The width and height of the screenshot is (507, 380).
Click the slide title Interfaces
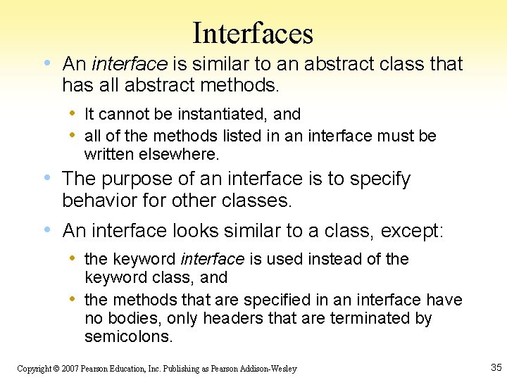click(253, 33)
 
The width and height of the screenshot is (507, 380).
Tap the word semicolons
click(128, 336)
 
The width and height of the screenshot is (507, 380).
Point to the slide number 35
click(495, 367)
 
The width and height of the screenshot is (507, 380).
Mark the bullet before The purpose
click(46, 179)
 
